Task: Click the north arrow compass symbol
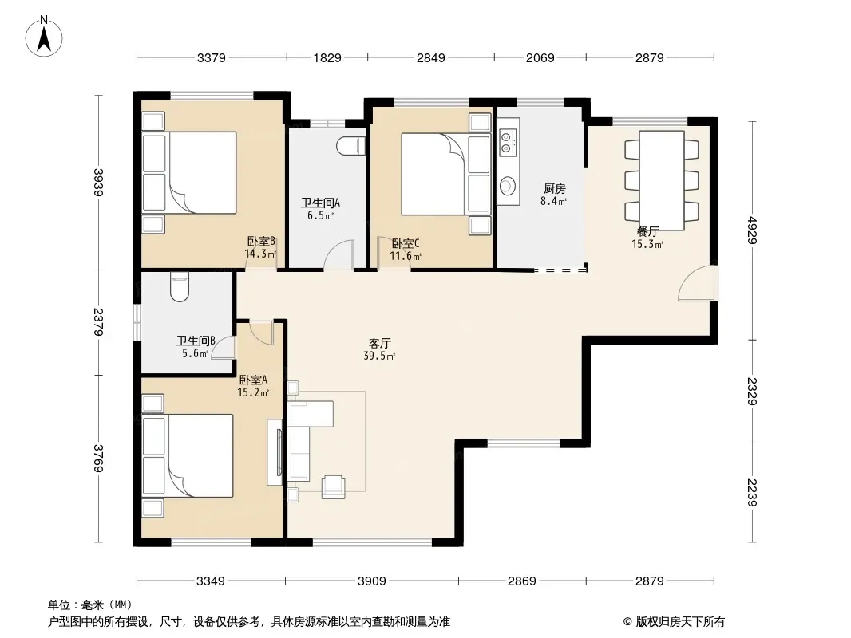44,37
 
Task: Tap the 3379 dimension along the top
211,57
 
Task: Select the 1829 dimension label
327,57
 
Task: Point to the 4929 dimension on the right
752,230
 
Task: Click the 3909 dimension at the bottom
372,581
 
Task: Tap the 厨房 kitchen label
555,189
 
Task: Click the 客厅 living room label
380,343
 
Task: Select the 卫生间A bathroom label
321,203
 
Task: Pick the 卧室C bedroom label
406,243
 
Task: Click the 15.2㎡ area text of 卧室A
253,392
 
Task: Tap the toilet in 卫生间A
350,147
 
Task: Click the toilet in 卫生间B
180,288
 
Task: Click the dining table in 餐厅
661,180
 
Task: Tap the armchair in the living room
333,486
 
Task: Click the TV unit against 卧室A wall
275,453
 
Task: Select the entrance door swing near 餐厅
697,283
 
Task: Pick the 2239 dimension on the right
752,493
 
